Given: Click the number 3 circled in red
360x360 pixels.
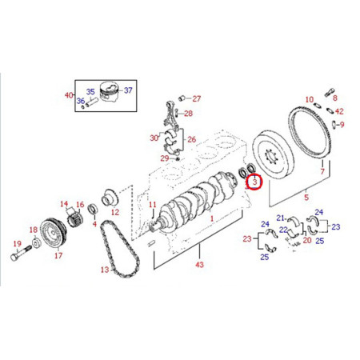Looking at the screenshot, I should coord(254,182).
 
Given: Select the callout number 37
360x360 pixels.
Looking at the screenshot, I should coord(129,90).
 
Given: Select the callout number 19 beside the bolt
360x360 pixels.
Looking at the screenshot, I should coord(16,243).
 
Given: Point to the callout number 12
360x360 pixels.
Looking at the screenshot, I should coord(114,213).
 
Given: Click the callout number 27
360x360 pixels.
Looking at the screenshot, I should coord(197,98).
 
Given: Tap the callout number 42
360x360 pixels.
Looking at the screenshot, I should coord(339,111).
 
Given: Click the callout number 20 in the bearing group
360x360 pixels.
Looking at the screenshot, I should coord(306,239).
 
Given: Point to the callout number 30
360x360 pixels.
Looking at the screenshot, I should coord(153,138).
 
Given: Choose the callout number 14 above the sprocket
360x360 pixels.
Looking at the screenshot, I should coord(64,205).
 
